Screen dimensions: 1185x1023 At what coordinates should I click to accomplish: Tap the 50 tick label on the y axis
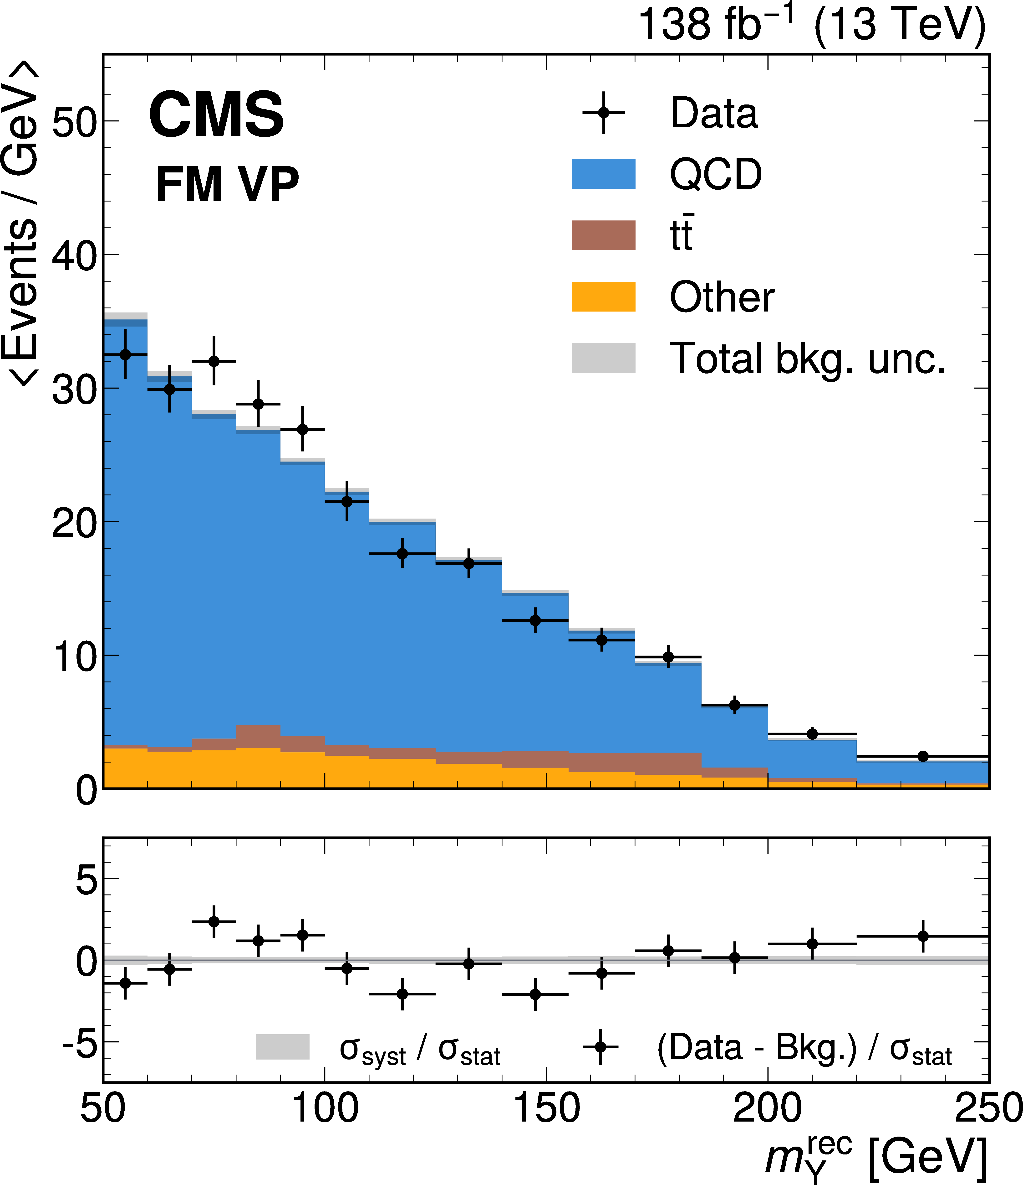pos(74,121)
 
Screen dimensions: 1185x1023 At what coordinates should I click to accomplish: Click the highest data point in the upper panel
pos(125,355)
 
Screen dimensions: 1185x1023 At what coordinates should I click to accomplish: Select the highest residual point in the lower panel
pos(214,922)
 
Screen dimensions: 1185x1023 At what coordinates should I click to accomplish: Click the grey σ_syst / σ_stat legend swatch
pos(282,1047)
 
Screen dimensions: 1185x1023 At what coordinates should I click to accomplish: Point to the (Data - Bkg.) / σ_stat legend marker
pos(600,1047)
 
